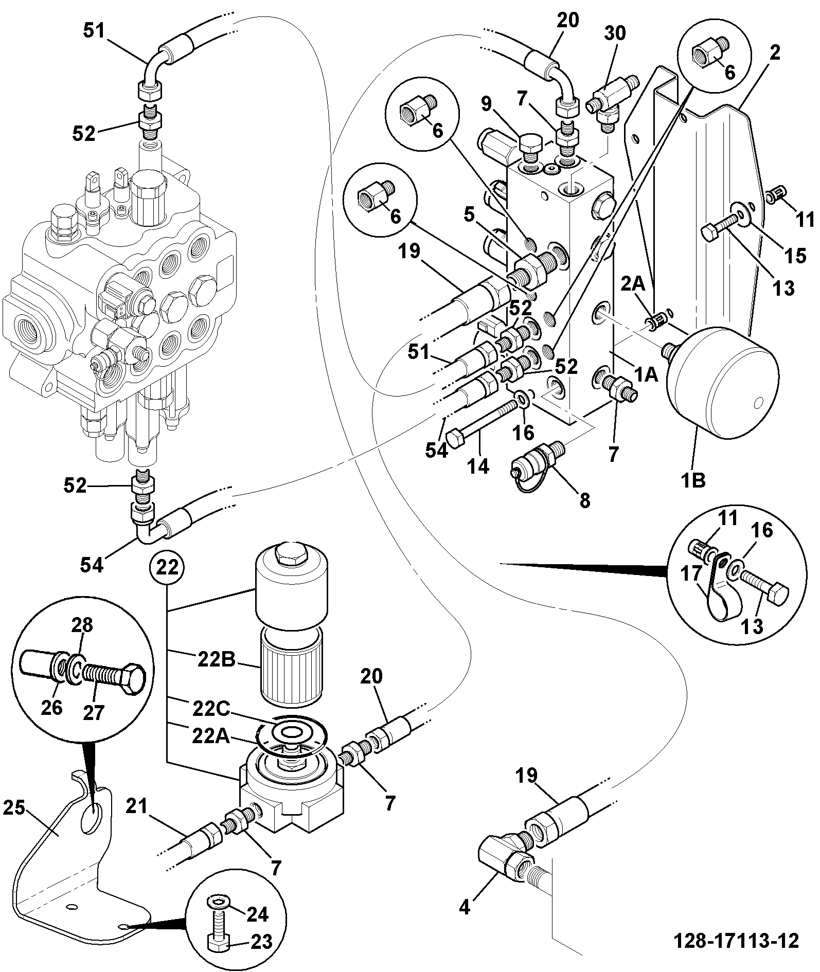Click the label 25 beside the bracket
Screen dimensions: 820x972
coord(14,808)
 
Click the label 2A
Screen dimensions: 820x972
coord(633,284)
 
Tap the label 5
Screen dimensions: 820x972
coord(468,215)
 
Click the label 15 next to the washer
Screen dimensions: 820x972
coord(795,255)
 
